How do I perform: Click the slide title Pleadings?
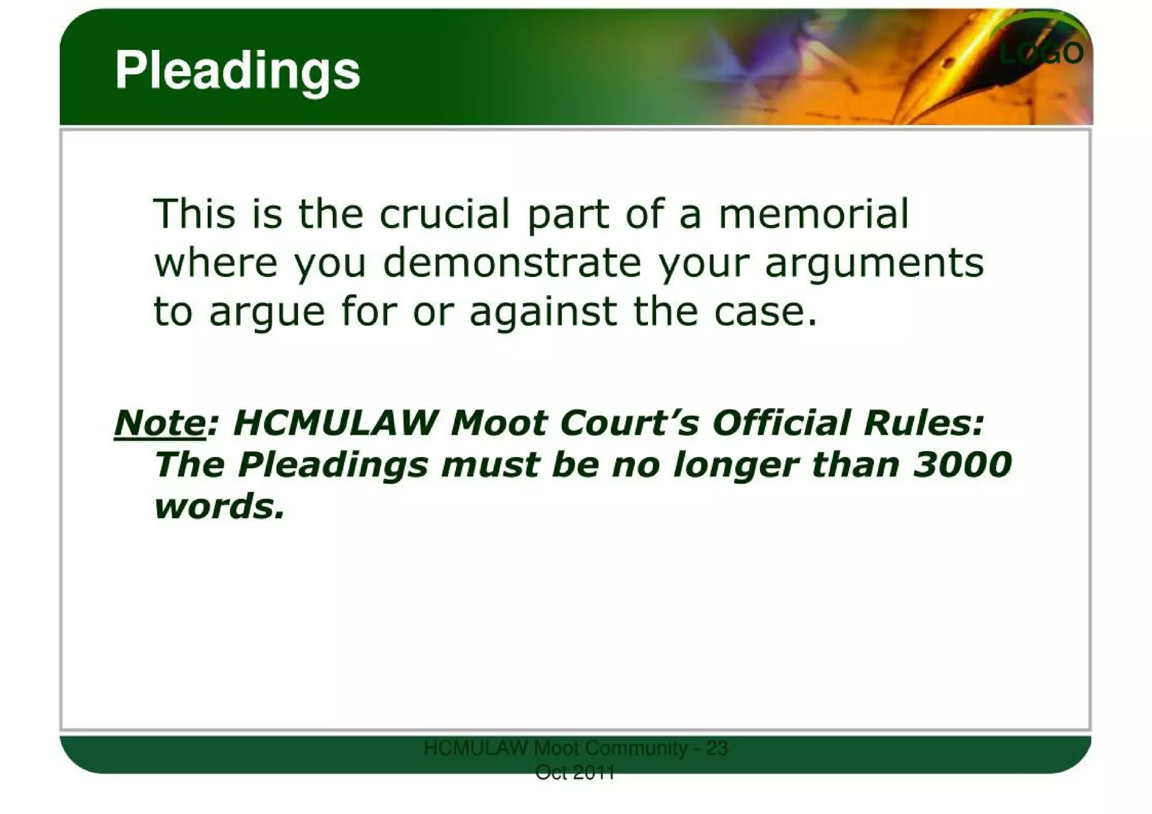point(237,71)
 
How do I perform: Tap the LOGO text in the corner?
point(1041,53)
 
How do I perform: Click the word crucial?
point(444,214)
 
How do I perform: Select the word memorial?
point(813,214)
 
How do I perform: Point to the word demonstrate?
point(512,263)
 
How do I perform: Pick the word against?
point(543,312)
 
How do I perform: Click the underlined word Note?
point(160,423)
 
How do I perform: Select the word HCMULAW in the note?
point(335,423)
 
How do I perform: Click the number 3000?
point(962,465)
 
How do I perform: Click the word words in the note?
point(219,506)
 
